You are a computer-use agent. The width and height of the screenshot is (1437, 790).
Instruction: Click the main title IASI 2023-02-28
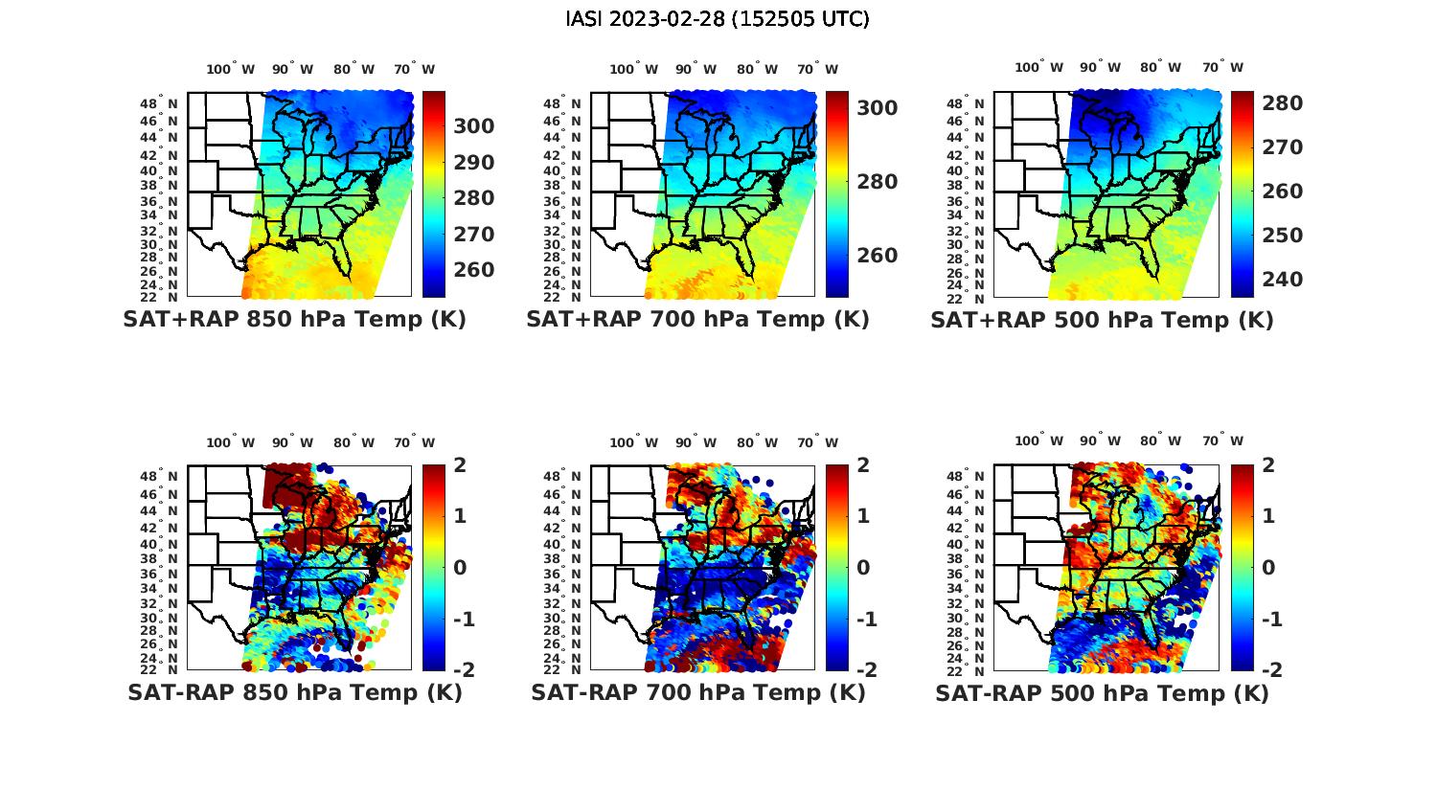[718, 19]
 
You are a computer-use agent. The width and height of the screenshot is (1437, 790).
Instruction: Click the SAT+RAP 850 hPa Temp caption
[294, 320]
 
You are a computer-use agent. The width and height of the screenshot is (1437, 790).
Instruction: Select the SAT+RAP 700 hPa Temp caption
[697, 320]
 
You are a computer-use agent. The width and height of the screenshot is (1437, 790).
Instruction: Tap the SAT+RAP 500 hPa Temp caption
[1102, 321]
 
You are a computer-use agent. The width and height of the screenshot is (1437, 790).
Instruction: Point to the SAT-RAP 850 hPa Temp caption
[294, 693]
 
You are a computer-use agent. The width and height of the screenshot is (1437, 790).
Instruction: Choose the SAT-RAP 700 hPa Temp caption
[697, 693]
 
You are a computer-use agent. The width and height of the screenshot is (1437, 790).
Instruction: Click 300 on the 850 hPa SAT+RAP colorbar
[474, 126]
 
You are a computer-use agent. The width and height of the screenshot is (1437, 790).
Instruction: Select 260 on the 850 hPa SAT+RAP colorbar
[474, 270]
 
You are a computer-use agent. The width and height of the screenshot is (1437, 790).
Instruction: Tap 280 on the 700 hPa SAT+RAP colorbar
[878, 182]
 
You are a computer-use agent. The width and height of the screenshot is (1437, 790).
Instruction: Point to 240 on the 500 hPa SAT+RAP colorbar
[1282, 280]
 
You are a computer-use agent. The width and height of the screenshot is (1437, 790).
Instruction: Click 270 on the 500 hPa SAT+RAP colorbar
[1282, 147]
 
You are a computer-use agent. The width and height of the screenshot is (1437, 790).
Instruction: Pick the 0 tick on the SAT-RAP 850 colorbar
[460, 567]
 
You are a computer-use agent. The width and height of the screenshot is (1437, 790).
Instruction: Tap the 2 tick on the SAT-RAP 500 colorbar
[1269, 465]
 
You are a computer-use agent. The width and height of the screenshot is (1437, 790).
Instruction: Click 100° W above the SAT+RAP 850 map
[230, 69]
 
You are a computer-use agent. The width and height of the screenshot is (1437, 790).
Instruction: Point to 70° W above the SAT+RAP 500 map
[1222, 67]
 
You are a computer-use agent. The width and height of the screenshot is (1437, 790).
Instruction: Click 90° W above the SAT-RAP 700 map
[696, 442]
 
